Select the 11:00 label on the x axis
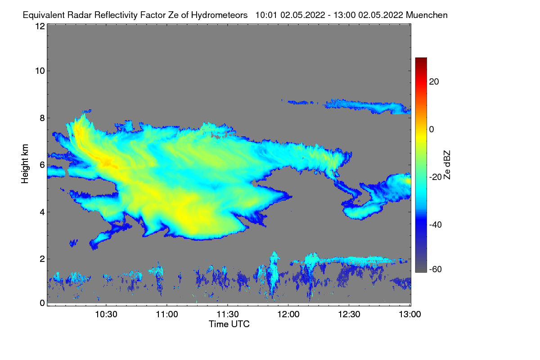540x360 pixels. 166,315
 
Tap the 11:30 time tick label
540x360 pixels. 227,315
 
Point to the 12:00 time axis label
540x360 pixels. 288,315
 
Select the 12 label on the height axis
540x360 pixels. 40,26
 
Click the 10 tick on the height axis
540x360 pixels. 40,71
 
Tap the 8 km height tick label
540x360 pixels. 42,118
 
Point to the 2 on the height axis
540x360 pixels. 42,259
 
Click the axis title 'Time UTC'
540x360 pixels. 229,324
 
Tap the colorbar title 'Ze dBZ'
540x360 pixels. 447,165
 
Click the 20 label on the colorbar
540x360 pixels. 434,81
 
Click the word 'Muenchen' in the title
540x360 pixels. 427,15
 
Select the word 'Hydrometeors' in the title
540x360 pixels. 220,15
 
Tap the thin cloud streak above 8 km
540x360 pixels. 364,105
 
